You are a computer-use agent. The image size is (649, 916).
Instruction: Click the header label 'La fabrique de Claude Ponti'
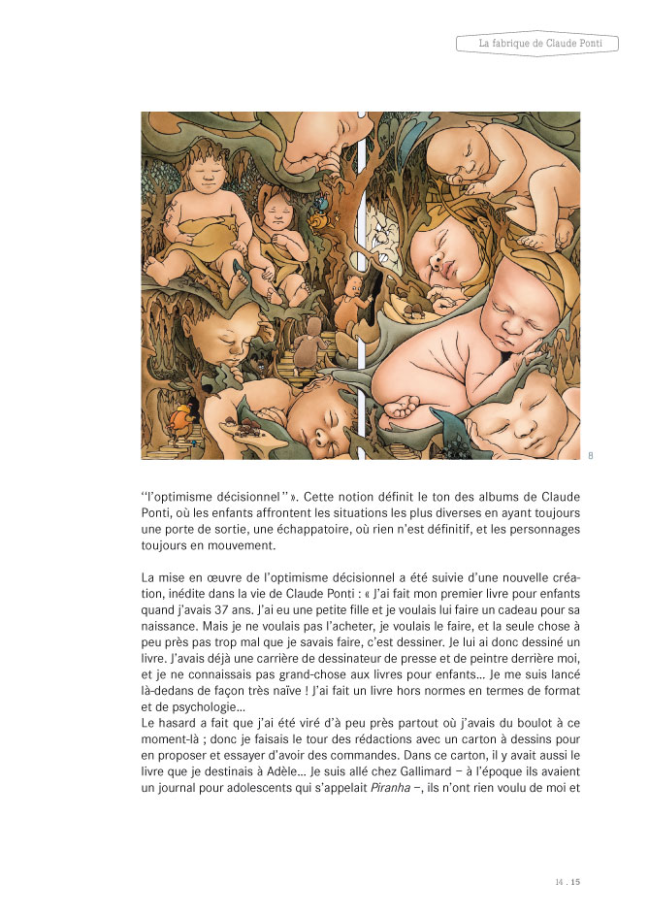tap(535, 44)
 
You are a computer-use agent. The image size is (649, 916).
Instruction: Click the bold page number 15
tap(575, 882)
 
